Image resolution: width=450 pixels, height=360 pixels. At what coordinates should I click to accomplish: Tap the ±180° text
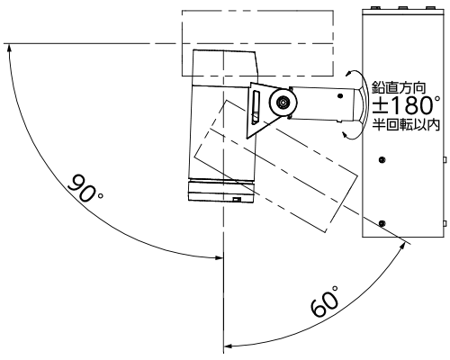tap(407, 105)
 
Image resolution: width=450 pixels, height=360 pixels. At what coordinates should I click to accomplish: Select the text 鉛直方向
tap(399, 87)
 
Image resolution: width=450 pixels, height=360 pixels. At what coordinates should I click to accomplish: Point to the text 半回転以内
tap(406, 124)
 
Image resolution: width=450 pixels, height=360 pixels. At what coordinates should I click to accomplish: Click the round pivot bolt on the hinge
tap(283, 103)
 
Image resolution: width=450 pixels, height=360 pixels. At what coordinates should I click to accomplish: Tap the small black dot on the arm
tap(340, 96)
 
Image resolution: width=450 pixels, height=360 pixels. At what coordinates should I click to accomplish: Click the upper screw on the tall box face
tap(382, 159)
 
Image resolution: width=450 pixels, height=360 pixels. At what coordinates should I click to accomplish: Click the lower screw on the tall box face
tap(382, 223)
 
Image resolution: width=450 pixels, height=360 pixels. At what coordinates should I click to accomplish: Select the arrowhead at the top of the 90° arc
tap(9, 48)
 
